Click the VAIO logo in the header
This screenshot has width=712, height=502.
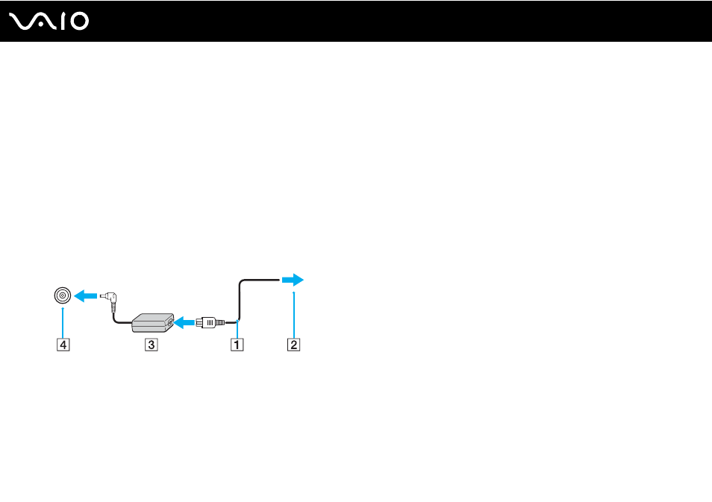49,22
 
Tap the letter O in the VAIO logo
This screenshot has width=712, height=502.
79,22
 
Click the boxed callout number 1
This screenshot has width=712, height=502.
237,345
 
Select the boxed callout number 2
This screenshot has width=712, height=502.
293,345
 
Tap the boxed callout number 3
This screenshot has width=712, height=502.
152,345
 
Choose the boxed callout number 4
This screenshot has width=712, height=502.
63,345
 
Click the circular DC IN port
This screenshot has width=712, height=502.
63,295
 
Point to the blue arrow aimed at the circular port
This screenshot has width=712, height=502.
85,296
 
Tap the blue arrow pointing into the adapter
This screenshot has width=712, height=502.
184,323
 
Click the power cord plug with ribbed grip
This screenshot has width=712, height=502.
210,323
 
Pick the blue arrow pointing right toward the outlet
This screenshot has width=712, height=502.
293,280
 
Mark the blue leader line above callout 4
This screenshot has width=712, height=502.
63,323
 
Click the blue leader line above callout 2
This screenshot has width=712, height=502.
294,315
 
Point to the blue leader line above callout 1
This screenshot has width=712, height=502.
237,329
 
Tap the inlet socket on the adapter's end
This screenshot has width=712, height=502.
170,321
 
